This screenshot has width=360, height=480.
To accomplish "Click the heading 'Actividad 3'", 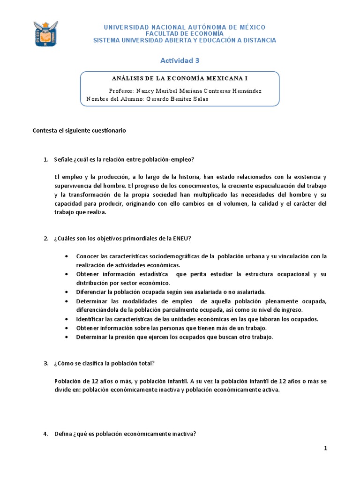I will coord(180,60).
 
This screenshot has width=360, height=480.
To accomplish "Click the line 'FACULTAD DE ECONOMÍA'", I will coord(184,34).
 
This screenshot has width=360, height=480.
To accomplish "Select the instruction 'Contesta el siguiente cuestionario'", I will coord(79,131).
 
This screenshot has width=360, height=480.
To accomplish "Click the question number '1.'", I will coord(46,159).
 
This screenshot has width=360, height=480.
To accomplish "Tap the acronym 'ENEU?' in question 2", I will coord(182,238).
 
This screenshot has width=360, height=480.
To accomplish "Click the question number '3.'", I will coord(46,363).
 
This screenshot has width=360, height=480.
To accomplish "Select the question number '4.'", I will coord(46,434).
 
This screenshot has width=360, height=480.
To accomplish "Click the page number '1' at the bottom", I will coord(325,449).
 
